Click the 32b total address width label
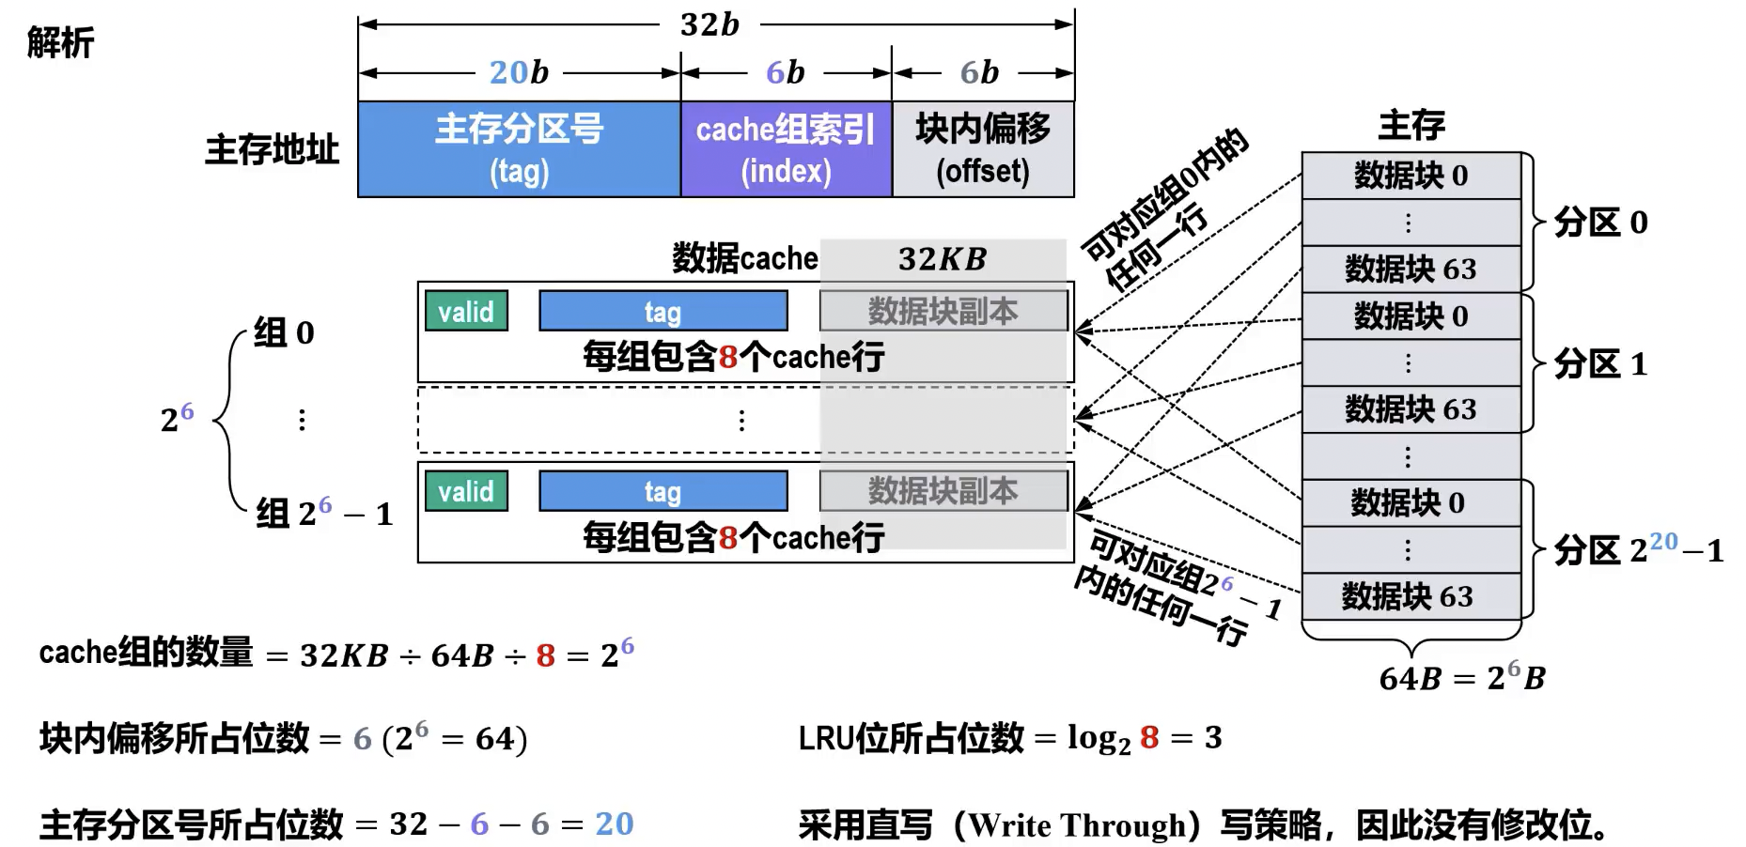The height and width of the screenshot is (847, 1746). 709,24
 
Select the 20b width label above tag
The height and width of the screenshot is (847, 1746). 519,72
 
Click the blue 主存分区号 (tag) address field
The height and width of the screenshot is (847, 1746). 519,149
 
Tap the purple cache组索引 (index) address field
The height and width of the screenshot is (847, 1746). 786,149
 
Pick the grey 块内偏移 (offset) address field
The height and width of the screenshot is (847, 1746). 982,149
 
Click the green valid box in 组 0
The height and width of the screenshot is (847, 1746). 466,312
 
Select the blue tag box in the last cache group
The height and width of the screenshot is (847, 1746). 663,491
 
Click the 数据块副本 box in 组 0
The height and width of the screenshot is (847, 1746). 943,312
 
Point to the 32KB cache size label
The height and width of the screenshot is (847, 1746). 943,259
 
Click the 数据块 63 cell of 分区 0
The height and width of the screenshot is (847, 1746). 1411,269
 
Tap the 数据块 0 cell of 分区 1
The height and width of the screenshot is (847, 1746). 1411,316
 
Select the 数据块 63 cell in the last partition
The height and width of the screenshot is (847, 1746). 1408,596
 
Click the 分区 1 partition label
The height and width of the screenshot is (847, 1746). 1600,363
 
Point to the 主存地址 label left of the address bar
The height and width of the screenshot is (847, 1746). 272,149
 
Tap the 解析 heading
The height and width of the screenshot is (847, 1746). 60,43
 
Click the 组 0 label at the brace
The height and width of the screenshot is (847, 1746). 284,333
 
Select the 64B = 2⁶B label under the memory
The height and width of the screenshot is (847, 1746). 1461,677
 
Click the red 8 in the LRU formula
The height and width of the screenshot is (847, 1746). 1149,738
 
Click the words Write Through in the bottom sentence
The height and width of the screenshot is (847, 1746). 1079,825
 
